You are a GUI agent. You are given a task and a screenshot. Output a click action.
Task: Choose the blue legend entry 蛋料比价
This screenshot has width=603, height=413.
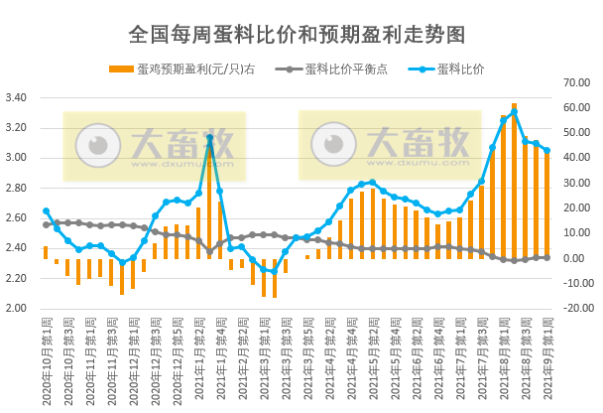(x=459, y=69)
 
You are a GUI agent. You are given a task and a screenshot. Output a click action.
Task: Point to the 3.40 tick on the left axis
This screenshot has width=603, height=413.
(x=17, y=98)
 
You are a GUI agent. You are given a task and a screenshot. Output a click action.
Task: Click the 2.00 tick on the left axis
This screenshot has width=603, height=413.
(x=17, y=308)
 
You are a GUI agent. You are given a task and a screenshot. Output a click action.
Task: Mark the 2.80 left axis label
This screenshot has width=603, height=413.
(x=17, y=188)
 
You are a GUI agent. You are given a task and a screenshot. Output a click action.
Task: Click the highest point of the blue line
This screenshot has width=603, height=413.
(x=514, y=111)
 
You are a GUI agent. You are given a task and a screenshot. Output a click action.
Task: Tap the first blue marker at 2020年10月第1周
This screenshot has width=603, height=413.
(x=46, y=211)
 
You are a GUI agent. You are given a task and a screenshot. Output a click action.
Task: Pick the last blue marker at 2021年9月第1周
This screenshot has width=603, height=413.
(x=546, y=151)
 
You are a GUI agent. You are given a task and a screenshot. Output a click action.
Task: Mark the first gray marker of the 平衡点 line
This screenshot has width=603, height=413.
(x=46, y=224)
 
